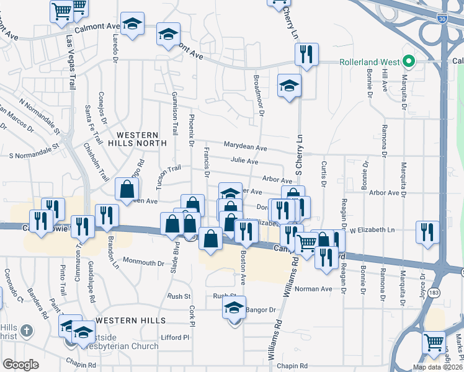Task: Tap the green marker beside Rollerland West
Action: tap(408, 62)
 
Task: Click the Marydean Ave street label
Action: tap(246, 148)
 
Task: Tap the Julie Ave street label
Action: tap(244, 161)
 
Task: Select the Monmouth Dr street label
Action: tap(143, 262)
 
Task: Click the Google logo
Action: tap(21, 365)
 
